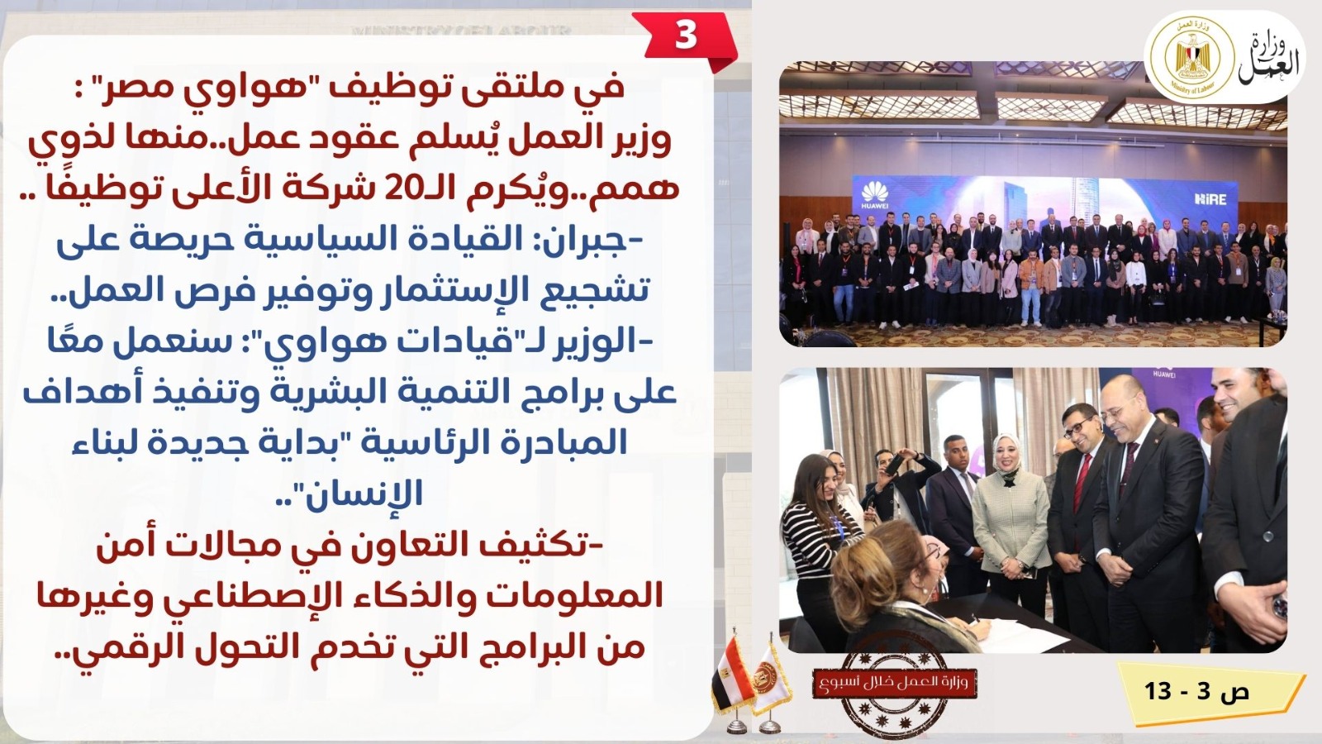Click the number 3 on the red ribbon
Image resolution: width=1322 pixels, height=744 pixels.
click(x=686, y=36)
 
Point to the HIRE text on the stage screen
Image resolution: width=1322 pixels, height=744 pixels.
click(x=1210, y=199)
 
